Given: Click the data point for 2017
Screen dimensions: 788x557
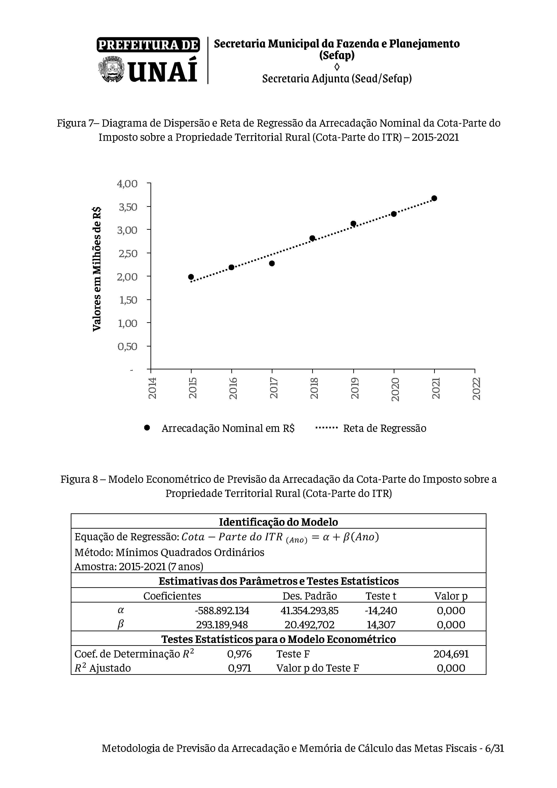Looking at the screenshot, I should pyautogui.click(x=272, y=263).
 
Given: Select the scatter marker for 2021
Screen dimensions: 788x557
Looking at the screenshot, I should pyautogui.click(x=434, y=198).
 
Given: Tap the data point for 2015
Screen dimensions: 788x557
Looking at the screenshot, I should pyautogui.click(x=191, y=277).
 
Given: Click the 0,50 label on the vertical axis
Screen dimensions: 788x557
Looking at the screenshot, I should pyautogui.click(x=127, y=346).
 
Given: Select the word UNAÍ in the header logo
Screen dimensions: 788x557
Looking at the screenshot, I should pyautogui.click(x=163, y=70).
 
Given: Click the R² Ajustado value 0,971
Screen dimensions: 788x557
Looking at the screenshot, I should pyautogui.click(x=240, y=668).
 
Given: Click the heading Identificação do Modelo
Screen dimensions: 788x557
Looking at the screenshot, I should pyautogui.click(x=278, y=522).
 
